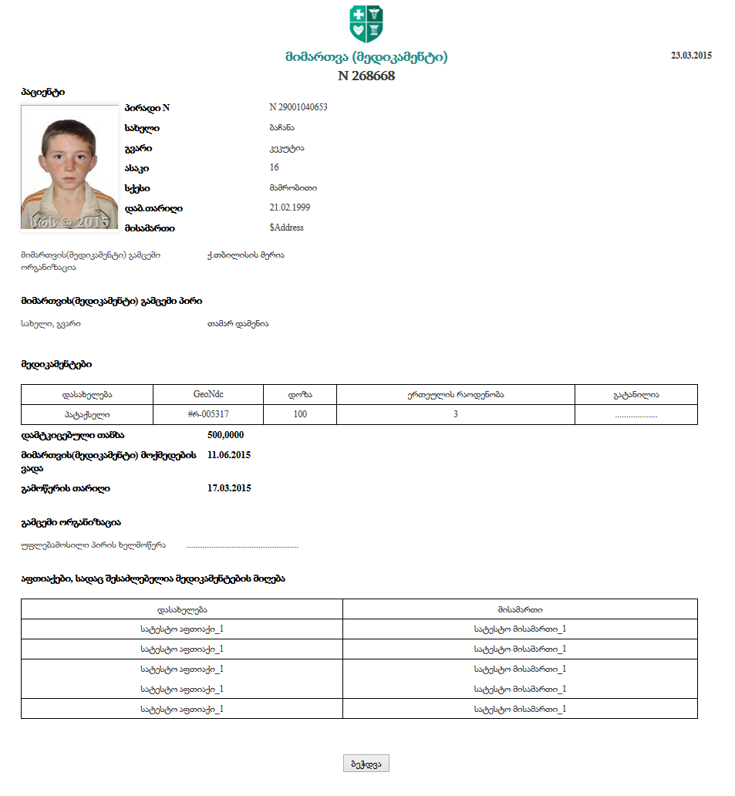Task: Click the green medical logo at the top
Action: (x=366, y=24)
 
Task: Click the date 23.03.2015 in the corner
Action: (x=691, y=56)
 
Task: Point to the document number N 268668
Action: (x=366, y=76)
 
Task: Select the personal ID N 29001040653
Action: (x=298, y=107)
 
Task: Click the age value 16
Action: (x=274, y=167)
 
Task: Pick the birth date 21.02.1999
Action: (x=285, y=207)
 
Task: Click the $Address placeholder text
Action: (x=286, y=228)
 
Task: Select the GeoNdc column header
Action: (x=208, y=394)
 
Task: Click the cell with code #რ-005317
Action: (x=208, y=414)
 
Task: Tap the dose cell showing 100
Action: (x=300, y=414)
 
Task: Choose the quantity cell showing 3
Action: (x=455, y=414)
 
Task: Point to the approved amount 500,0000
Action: (x=225, y=435)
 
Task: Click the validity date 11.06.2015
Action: (x=229, y=455)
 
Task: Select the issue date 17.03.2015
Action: (x=229, y=488)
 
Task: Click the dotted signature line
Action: (x=242, y=546)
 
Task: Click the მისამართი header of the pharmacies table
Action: (x=520, y=609)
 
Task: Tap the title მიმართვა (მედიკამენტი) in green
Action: (x=366, y=57)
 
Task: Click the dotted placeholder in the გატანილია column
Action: (x=636, y=415)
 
